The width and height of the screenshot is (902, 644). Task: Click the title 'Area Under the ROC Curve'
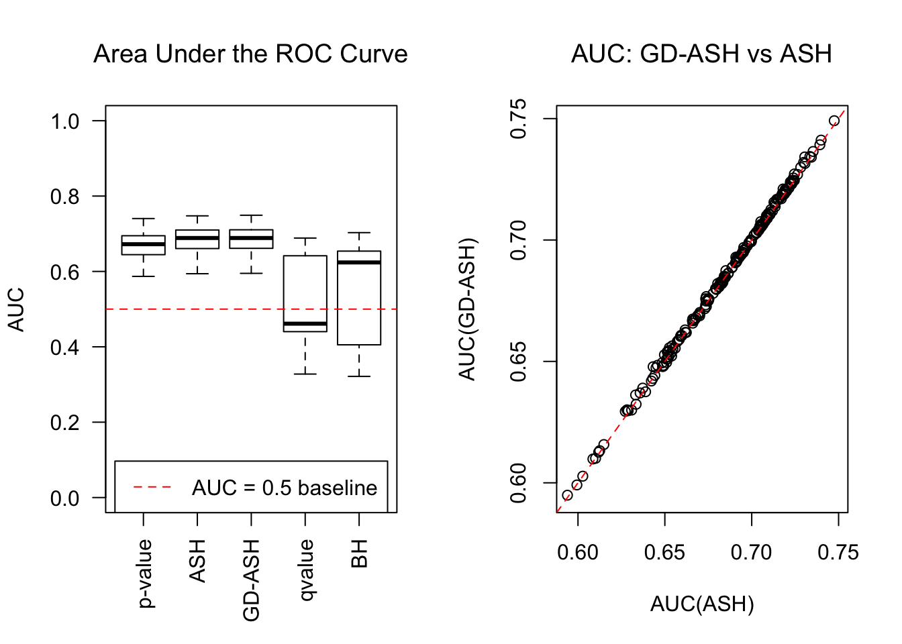(250, 54)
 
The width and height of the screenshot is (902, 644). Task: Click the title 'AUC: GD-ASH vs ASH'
(701, 54)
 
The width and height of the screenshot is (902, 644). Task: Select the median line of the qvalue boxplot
(305, 324)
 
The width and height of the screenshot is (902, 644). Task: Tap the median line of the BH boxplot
(359, 262)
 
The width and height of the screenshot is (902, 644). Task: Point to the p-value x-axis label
(144, 574)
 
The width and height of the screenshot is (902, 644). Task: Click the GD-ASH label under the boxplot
(251, 580)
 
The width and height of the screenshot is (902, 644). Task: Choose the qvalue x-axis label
(305, 571)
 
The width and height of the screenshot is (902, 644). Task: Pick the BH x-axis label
(360, 555)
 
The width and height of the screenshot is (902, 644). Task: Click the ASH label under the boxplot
(197, 561)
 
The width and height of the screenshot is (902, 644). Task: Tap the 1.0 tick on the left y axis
(65, 121)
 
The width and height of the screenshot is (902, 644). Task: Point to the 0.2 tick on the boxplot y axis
(65, 423)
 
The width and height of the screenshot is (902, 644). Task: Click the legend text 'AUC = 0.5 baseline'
(285, 488)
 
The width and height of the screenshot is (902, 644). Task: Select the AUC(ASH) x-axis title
(702, 604)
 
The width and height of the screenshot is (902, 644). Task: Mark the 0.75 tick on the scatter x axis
(838, 553)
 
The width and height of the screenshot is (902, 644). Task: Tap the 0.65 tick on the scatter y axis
(519, 362)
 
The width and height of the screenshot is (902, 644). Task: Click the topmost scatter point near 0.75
(834, 121)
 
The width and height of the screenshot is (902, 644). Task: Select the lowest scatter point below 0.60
(567, 496)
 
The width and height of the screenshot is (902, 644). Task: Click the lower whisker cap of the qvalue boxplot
(305, 374)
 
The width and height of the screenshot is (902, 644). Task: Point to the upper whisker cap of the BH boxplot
(359, 233)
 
